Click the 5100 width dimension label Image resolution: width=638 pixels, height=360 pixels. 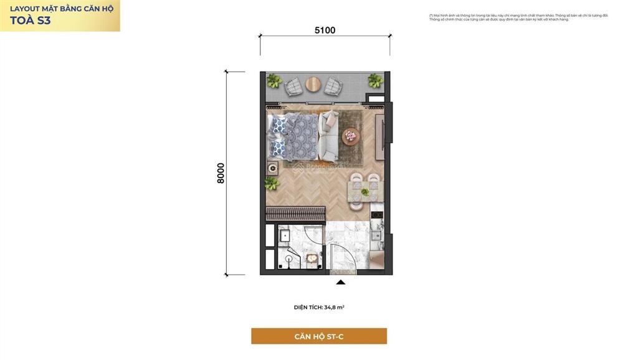(x=325, y=30)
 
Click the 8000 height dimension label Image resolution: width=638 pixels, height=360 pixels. (x=221, y=173)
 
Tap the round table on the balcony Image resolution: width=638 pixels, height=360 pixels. (x=313, y=83)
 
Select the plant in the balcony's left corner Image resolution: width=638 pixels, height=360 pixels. (x=274, y=80)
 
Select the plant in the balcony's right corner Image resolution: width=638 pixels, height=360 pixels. (x=375, y=80)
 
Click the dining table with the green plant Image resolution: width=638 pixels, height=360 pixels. (x=363, y=191)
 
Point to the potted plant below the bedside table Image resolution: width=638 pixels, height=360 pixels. (x=271, y=183)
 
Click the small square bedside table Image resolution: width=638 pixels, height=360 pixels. (x=273, y=168)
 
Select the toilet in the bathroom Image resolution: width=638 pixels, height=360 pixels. (x=288, y=258)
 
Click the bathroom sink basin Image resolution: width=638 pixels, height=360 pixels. (x=284, y=235)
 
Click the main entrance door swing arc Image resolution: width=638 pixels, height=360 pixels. (x=343, y=255)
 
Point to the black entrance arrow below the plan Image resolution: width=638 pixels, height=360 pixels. (x=341, y=282)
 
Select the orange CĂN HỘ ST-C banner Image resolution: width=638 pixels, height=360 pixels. (x=318, y=336)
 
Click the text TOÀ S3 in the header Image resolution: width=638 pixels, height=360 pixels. (x=31, y=20)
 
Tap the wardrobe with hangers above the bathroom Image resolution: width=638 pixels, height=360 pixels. (x=296, y=214)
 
